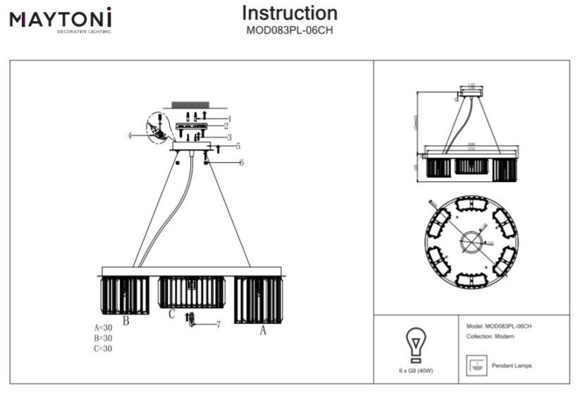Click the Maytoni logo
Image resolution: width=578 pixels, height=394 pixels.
[x=60, y=19]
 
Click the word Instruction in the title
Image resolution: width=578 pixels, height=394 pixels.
[x=289, y=13]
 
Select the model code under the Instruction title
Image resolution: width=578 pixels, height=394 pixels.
[x=289, y=30]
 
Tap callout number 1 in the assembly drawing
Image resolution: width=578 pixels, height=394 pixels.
[x=229, y=118]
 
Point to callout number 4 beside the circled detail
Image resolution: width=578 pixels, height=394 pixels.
[x=130, y=134]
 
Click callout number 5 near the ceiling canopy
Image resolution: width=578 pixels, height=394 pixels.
[x=238, y=147]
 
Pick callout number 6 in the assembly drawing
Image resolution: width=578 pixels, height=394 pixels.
[x=241, y=163]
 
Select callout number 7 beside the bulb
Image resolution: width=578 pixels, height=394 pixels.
[x=219, y=324]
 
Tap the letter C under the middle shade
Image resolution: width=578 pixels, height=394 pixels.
[x=171, y=315]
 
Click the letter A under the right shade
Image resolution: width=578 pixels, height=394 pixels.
[x=264, y=329]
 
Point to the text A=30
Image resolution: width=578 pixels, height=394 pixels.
[x=103, y=328]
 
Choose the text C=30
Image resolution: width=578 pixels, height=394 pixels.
[x=103, y=348]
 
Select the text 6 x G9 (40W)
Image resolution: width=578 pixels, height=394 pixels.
[x=416, y=371]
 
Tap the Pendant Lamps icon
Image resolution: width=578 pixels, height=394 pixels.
[x=476, y=366]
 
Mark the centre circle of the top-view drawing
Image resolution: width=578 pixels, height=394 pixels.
[x=470, y=241]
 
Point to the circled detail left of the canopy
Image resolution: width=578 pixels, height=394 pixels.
[x=159, y=129]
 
